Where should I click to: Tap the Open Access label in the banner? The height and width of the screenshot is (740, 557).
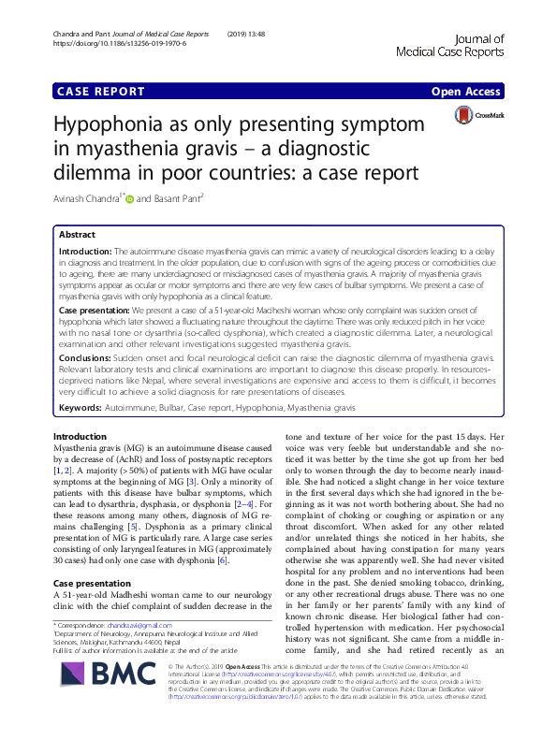pyautogui.click(x=467, y=92)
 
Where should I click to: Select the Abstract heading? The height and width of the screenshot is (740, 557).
pyautogui.click(x=77, y=235)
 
